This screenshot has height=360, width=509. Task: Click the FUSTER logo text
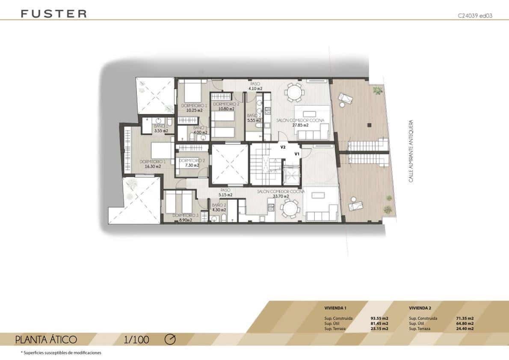(x=53, y=14)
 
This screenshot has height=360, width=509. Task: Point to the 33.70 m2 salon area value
(x=281, y=196)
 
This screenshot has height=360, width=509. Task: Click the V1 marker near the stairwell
(x=296, y=154)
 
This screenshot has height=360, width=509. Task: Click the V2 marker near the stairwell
(x=283, y=147)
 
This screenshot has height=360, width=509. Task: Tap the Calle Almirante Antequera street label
(x=411, y=151)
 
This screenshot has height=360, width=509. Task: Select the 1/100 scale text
(x=136, y=340)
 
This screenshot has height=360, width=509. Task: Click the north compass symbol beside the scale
(x=170, y=339)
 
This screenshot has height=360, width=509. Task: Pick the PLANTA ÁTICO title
(x=46, y=340)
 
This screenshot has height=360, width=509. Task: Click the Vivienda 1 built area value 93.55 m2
(x=379, y=318)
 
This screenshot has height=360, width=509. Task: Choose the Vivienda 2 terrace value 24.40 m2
(x=465, y=329)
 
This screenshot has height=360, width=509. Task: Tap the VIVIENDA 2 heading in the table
(x=420, y=308)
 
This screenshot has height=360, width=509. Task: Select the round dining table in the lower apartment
(x=290, y=209)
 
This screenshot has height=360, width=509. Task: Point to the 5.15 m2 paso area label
(x=226, y=195)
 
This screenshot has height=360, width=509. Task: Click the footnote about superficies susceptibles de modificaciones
(x=61, y=353)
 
